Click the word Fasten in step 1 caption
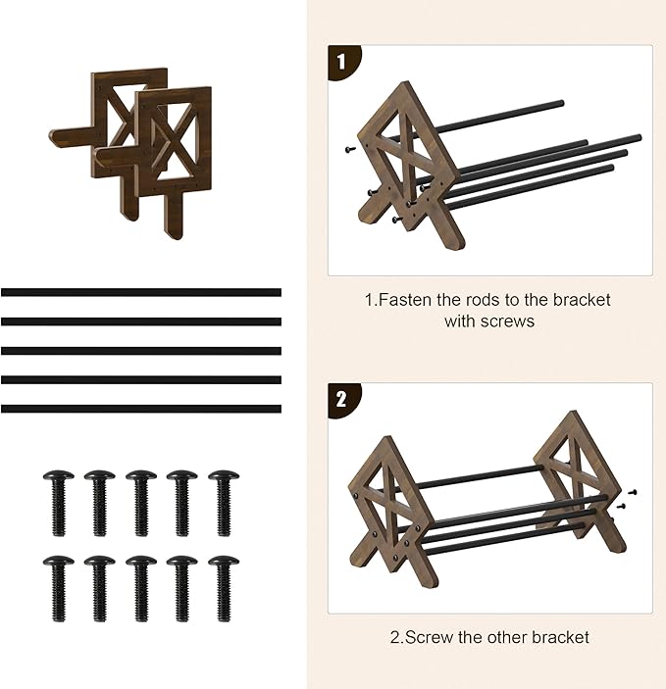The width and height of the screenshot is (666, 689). (405, 300)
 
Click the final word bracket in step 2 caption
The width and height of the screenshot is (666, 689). (560, 637)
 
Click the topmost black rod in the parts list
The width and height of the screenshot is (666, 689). (141, 293)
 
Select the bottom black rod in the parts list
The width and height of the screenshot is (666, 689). (141, 409)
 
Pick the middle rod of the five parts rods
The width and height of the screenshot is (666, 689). (141, 351)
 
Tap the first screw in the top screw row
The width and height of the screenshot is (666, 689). (59, 503)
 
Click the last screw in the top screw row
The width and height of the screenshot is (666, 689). (224, 503)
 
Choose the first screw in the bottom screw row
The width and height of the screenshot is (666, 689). (59, 589)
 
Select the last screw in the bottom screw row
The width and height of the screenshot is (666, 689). (224, 589)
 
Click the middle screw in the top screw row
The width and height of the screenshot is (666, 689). (141, 503)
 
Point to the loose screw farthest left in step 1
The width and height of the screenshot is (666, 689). (350, 150)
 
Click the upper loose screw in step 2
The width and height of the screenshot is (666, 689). (632, 492)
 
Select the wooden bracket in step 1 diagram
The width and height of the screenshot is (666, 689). (411, 163)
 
